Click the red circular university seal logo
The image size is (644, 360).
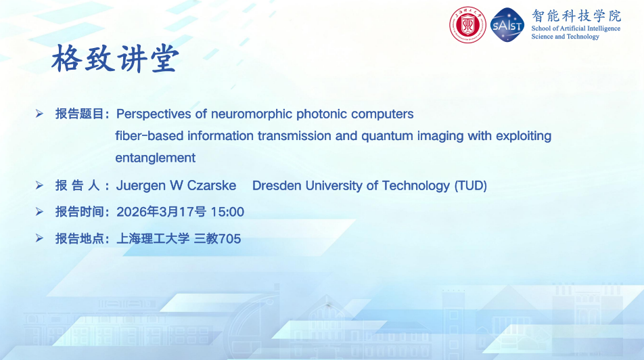pos(467,25)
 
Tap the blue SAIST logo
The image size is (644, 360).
pos(507,25)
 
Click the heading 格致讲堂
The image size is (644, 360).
pos(116,58)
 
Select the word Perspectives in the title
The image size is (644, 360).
pos(154,114)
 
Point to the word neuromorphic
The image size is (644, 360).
pos(252,114)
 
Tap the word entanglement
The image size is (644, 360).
pos(156,158)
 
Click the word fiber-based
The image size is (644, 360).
pos(149,135)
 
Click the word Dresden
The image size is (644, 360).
pos(277,185)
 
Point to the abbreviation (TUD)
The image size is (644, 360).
pos(470,186)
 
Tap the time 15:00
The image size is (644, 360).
pos(227,212)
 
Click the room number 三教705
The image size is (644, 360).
pos(217,238)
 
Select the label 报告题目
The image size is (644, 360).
pos(80,114)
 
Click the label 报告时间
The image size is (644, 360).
pos(80,212)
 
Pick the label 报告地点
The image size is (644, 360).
pos(80,238)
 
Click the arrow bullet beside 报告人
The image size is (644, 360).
pos(39,185)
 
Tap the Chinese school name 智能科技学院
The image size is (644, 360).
pos(576,16)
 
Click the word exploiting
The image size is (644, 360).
pos(524,136)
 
